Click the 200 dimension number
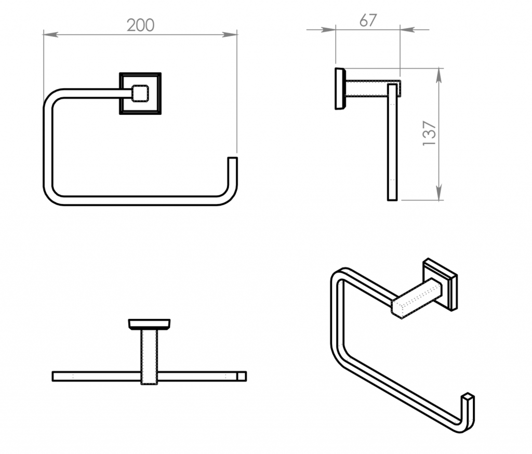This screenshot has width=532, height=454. pos(140,25)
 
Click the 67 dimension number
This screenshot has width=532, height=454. pos(368,20)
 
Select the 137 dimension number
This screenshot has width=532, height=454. pos(429,133)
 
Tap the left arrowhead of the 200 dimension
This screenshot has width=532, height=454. pos(51,34)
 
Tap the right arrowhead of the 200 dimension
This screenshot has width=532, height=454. pos(230,34)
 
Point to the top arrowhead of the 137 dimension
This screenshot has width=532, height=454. pos(438,76)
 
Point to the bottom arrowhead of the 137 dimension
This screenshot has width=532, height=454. pos(438,192)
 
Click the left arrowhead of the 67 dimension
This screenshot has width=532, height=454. pos(328,30)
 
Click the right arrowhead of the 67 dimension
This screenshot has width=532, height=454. pos(407,30)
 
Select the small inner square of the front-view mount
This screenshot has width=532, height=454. pos(140,94)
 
